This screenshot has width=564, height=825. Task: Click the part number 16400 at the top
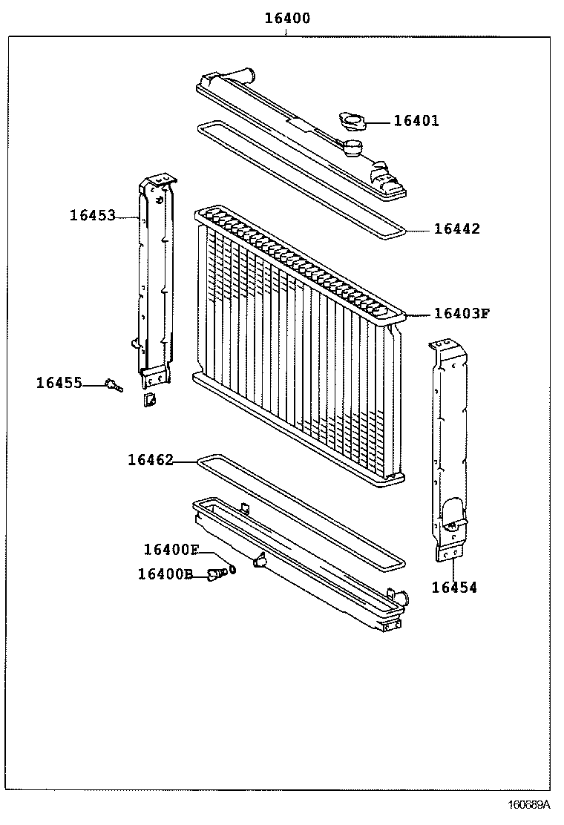click(x=288, y=19)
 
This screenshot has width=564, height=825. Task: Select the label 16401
click(x=416, y=121)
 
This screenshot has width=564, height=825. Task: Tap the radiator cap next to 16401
click(x=350, y=122)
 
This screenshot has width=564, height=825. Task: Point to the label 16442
click(x=456, y=229)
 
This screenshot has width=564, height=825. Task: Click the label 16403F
click(x=462, y=313)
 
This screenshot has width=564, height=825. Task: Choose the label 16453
click(x=93, y=216)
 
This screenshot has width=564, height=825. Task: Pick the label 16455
click(x=59, y=383)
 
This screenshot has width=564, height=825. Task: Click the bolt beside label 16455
click(x=114, y=384)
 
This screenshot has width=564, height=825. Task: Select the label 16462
click(x=150, y=460)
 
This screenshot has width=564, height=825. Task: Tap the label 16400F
click(x=171, y=550)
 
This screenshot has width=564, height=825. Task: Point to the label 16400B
click(x=165, y=573)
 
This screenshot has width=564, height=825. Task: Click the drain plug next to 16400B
click(x=215, y=573)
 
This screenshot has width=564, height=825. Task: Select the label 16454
click(x=454, y=588)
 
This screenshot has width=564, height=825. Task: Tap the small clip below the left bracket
click(x=148, y=401)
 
